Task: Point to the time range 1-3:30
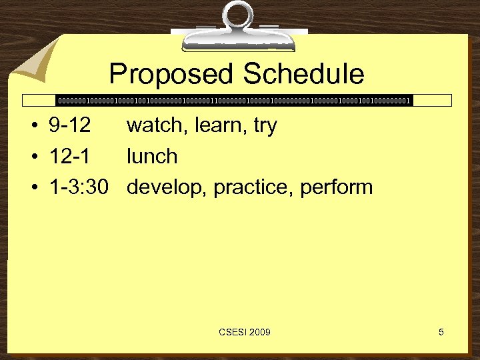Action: [x=79, y=187]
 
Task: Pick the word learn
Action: [x=217, y=125]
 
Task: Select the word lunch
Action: [x=152, y=157]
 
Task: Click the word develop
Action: [x=167, y=188]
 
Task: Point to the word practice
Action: [x=254, y=188]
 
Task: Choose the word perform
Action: [x=337, y=188]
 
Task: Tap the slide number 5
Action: [x=441, y=332]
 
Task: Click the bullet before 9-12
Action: [x=34, y=126]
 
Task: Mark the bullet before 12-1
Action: [x=34, y=157]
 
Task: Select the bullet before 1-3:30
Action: [x=34, y=188]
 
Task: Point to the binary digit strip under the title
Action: [x=233, y=101]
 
